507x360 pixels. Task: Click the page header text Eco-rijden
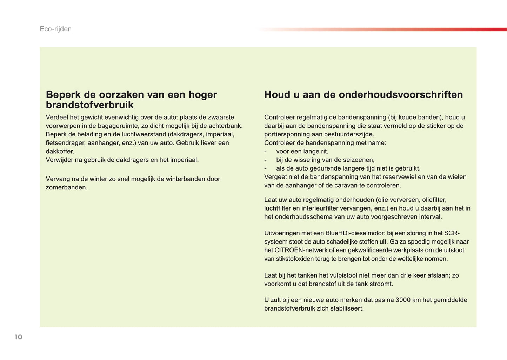tap(55, 29)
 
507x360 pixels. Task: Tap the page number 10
tap(18, 337)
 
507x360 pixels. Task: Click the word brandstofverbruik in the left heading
tap(89, 105)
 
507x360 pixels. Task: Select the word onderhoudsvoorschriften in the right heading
tap(401, 94)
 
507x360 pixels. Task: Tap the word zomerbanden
tap(66, 187)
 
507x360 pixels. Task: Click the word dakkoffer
tap(60, 151)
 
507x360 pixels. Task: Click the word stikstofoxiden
tap(294, 259)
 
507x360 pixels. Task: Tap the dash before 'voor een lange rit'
tap(266, 151)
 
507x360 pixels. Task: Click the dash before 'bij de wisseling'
tap(266, 160)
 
